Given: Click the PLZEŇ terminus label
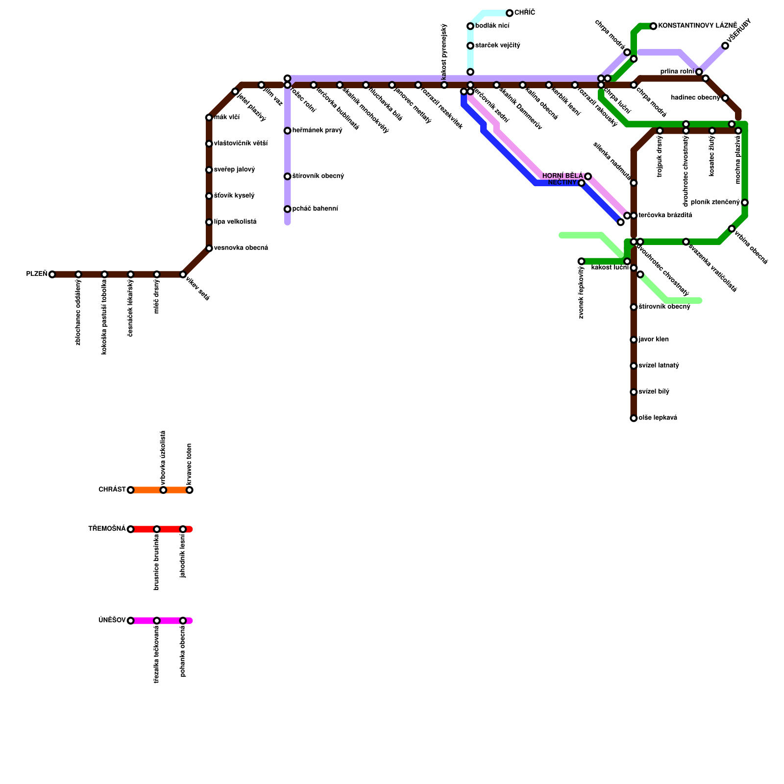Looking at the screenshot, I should [x=36, y=274].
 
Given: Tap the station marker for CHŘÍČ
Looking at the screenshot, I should [x=510, y=13].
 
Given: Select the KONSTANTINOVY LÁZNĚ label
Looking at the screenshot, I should [x=698, y=25].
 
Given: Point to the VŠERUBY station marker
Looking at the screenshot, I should [x=725, y=46].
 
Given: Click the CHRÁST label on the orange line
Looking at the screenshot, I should [x=112, y=490].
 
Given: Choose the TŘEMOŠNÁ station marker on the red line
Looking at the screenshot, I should [x=130, y=529].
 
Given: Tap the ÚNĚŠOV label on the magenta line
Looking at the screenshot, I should [x=112, y=620].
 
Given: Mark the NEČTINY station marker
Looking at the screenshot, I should [x=582, y=183].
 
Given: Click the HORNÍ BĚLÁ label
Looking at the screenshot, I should [x=563, y=176].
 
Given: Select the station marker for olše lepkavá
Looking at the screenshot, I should [x=634, y=418].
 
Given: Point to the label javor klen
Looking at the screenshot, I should [x=654, y=340].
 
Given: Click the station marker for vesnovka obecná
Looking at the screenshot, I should [x=209, y=248].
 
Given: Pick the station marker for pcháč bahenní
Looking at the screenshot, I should [x=288, y=209].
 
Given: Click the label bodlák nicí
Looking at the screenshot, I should [x=492, y=26].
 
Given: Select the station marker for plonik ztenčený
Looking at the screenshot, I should [x=745, y=203].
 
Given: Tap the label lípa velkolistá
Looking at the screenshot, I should [x=235, y=222].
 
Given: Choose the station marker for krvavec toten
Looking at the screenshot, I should [x=190, y=490].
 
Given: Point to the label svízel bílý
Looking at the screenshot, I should [x=654, y=392].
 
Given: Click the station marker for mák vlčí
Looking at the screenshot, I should [x=209, y=118].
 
